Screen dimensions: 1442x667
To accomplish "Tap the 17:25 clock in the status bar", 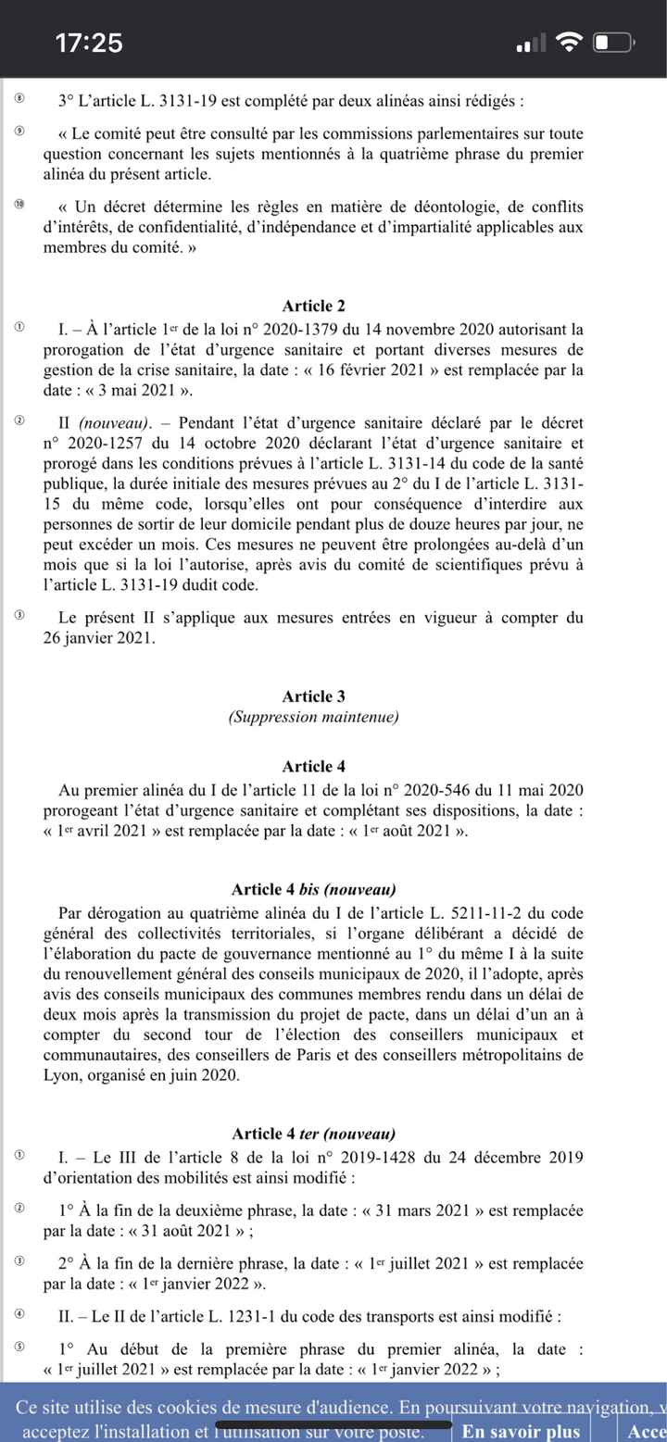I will (x=89, y=43).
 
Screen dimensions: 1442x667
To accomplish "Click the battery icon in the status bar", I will (x=613, y=43).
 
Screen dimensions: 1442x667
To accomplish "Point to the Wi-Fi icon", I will (x=571, y=43).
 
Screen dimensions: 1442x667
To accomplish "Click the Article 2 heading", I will (x=313, y=307).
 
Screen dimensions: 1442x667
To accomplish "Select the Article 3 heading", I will (x=313, y=696).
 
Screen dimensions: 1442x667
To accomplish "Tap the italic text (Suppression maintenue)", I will (x=313, y=718).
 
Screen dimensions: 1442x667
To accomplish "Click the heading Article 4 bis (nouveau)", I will (x=313, y=890).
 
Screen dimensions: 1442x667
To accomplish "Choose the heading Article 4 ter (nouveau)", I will (x=313, y=1134).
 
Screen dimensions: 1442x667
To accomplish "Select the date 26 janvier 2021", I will (x=101, y=638).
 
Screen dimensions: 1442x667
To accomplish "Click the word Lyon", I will (x=62, y=1076).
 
